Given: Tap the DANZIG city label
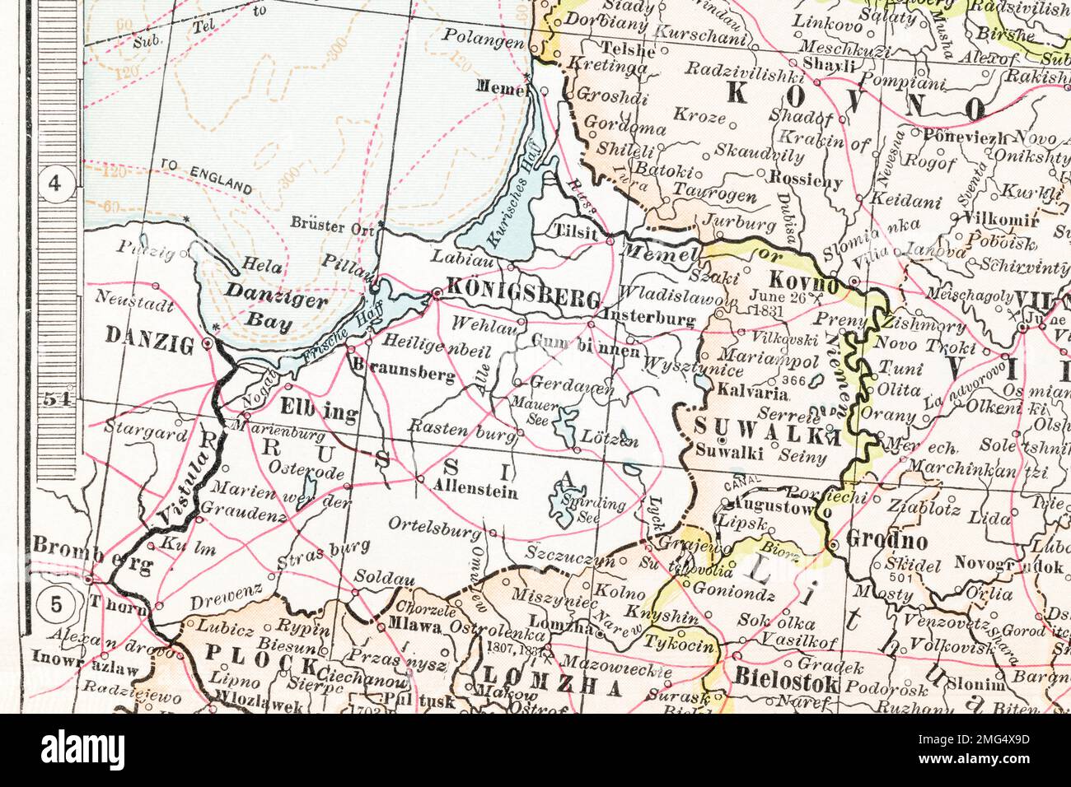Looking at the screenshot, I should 149,335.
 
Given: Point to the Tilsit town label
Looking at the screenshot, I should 575,232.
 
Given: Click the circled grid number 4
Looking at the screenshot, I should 56,184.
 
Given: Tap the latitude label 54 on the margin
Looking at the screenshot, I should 56,400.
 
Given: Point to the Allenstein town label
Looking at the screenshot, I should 475,492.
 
